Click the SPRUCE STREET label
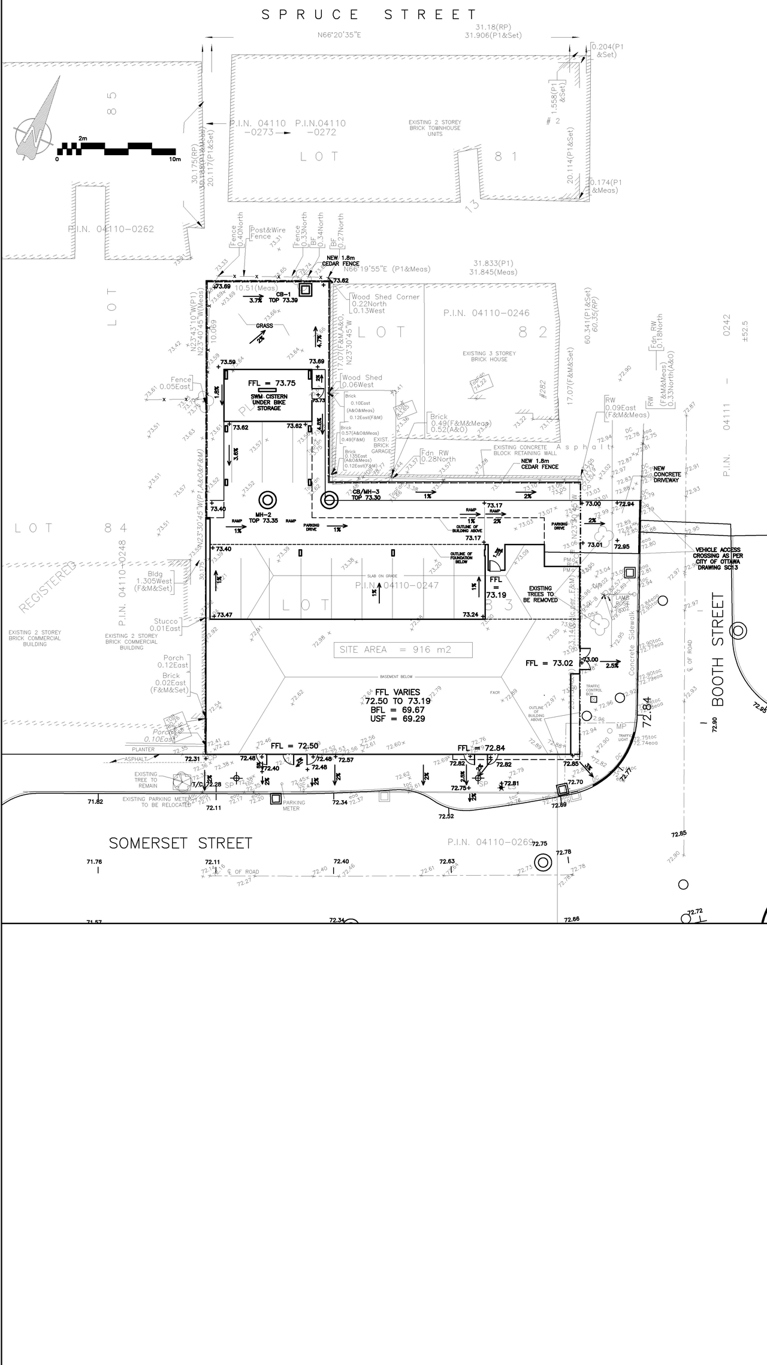point(370,15)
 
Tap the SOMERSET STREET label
point(180,843)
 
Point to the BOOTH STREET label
point(718,649)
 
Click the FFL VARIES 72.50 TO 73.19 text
point(398,697)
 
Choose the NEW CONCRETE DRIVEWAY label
point(666,474)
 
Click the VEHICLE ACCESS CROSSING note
point(718,558)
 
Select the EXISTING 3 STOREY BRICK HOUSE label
point(489,356)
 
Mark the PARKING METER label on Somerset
point(294,806)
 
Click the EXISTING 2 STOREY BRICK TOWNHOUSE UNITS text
point(435,128)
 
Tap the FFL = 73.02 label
point(549,663)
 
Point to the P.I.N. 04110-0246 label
point(486,313)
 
